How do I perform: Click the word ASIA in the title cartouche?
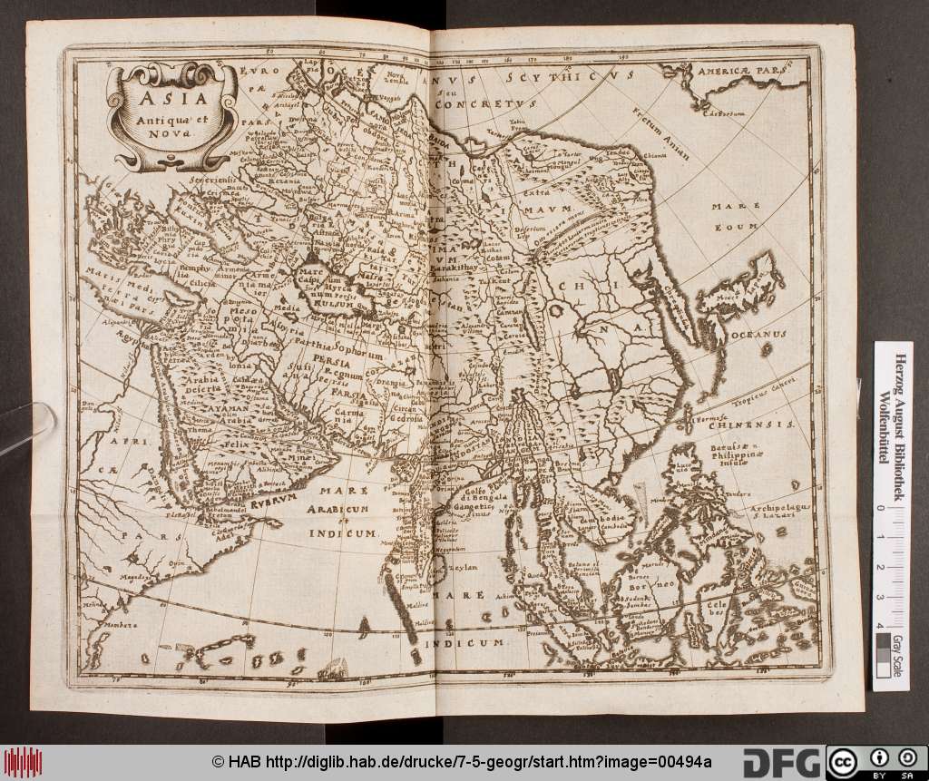164,95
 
